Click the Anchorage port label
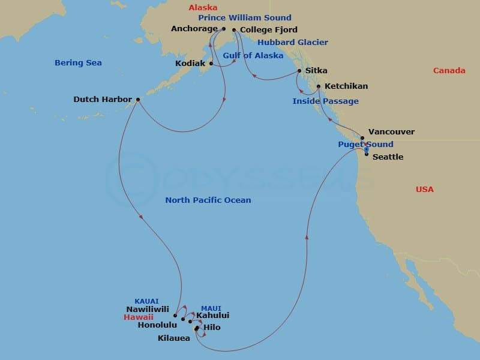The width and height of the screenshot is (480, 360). [194, 28]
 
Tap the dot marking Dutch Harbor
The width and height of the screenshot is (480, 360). [138, 100]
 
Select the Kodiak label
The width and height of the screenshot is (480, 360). [191, 63]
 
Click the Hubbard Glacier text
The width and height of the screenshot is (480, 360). [293, 42]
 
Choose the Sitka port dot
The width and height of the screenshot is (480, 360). [299, 71]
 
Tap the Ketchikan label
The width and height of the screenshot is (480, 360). [346, 86]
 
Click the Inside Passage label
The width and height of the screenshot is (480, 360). [325, 101]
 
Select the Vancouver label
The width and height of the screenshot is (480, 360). [391, 131]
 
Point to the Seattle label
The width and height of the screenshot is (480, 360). [388, 157]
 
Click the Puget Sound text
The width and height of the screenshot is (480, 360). [365, 144]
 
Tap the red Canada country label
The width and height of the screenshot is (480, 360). [449, 70]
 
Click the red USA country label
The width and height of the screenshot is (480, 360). [424, 189]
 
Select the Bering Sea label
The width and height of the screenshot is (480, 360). [78, 62]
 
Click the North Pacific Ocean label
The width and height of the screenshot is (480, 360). [208, 200]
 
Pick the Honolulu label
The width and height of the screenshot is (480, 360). [157, 325]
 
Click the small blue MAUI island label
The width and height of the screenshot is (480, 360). [211, 308]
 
